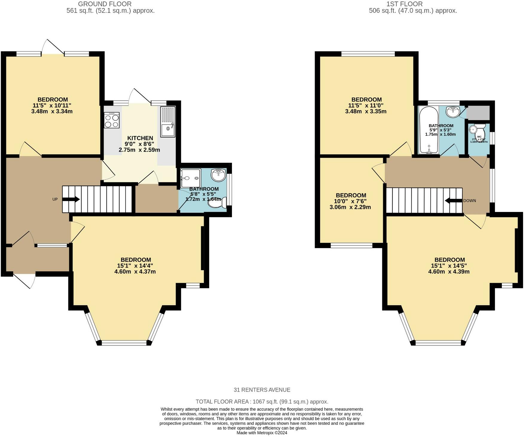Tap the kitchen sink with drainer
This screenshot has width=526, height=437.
pyautogui.click(x=168, y=122)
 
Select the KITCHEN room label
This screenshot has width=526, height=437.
pyautogui.click(x=140, y=138)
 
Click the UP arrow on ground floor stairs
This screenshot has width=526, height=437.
pyautogui.click(x=71, y=199)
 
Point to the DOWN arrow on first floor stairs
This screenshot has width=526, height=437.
pyautogui.click(x=454, y=201)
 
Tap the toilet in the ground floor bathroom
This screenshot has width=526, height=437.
pyautogui.click(x=217, y=203)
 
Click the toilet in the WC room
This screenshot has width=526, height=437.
pyautogui.click(x=479, y=130)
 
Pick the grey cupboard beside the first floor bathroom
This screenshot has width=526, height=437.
pyautogui.click(x=478, y=112)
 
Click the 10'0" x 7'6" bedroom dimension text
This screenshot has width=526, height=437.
pyautogui.click(x=351, y=201)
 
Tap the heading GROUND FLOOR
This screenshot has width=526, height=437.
pyautogui.click(x=105, y=4)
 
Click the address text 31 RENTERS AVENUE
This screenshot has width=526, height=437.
pyautogui.click(x=262, y=390)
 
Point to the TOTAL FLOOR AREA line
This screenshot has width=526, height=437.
pyautogui.click(x=262, y=401)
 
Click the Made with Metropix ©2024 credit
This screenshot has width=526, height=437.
pyautogui.click(x=262, y=433)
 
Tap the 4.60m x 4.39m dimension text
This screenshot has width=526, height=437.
pyautogui.click(x=449, y=272)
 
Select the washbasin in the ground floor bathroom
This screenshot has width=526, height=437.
pyautogui.click(x=218, y=175)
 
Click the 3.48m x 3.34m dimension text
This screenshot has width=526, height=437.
pyautogui.click(x=52, y=111)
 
